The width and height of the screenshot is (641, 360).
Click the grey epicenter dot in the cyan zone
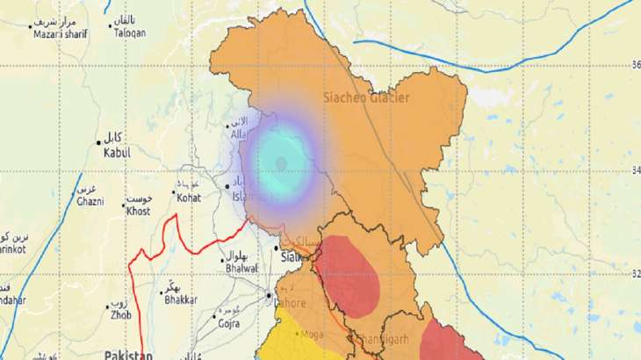click(281, 163)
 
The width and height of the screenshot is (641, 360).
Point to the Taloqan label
click(129, 32)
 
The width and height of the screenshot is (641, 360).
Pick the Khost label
click(138, 212)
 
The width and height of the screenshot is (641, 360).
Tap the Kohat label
click(189, 198)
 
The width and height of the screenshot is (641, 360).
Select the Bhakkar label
click(182, 300)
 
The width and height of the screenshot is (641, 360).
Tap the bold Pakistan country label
click(127, 354)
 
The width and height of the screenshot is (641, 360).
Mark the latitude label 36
click(633, 64)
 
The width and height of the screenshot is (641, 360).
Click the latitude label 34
click(633, 169)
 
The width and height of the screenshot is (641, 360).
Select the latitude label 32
click(633, 273)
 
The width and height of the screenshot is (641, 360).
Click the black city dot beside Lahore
click(269, 295)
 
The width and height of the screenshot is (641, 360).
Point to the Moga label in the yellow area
click(312, 334)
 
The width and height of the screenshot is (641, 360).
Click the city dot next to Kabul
click(98, 141)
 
